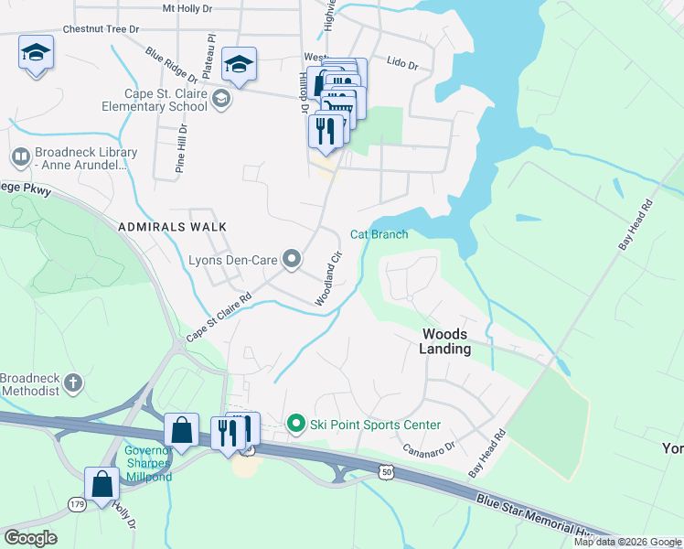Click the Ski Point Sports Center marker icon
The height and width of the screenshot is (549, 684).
pyautogui.click(x=295, y=424)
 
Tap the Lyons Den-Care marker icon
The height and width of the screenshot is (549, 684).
pyautogui.click(x=292, y=261)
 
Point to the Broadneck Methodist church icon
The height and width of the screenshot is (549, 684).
pyautogui.click(x=74, y=384)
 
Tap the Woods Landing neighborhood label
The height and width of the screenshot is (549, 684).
pyautogui.click(x=445, y=341)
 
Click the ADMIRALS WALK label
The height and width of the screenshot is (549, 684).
pyautogui.click(x=171, y=225)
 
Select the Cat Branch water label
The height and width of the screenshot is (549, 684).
pyautogui.click(x=379, y=234)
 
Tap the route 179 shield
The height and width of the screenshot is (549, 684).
pyautogui.click(x=76, y=502)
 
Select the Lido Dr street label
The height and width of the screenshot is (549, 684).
pyautogui.click(x=401, y=65)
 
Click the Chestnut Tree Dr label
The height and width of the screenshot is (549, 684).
pyautogui.click(x=101, y=29)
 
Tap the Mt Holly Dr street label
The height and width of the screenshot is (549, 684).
pyautogui.click(x=187, y=8)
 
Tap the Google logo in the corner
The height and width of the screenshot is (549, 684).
pyautogui.click(x=29, y=537)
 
